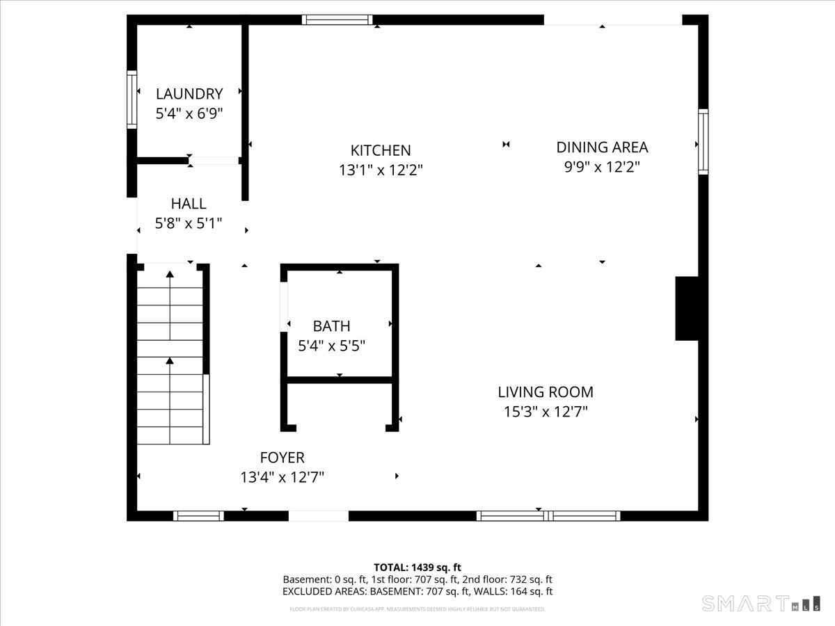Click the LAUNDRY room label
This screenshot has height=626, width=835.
point(189,94)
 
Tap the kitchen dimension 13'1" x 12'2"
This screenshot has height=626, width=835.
point(381,169)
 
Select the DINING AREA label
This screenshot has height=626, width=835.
point(602,147)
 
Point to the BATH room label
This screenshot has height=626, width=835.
point(331,326)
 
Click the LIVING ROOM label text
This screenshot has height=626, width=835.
point(546,392)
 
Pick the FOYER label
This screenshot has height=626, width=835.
point(282,458)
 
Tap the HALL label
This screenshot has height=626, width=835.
point(189,204)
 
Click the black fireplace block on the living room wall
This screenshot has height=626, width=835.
point(686,308)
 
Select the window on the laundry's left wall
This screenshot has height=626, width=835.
point(132,99)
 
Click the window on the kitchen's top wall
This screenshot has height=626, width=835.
point(337,19)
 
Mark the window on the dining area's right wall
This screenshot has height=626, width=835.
point(703,141)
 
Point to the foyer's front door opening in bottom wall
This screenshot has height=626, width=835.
point(319,515)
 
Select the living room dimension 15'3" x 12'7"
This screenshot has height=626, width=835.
point(546,412)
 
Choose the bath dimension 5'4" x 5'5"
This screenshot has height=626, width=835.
point(331,345)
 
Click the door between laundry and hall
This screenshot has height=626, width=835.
point(214,161)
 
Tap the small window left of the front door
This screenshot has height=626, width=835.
point(198,515)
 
